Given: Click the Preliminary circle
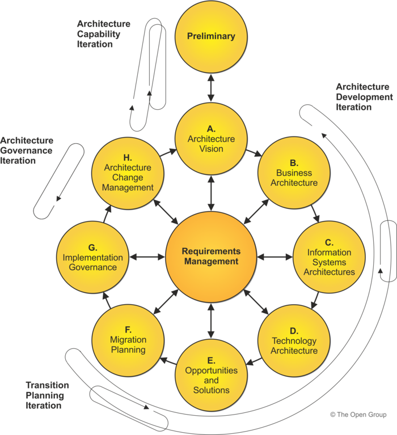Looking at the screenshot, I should tap(211, 36).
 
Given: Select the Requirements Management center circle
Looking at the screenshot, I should tap(211, 257).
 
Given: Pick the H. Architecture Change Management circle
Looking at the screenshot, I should tap(128, 173).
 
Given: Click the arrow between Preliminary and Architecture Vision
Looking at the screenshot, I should tap(211, 88).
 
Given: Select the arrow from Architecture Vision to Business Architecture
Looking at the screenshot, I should tap(253, 153).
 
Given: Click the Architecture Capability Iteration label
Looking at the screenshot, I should tap(104, 34).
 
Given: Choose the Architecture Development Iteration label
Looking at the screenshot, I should tap(363, 97).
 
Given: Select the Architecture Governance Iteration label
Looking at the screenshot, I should tap(27, 150).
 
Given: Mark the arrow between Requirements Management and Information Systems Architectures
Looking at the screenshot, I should tap(274, 257).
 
